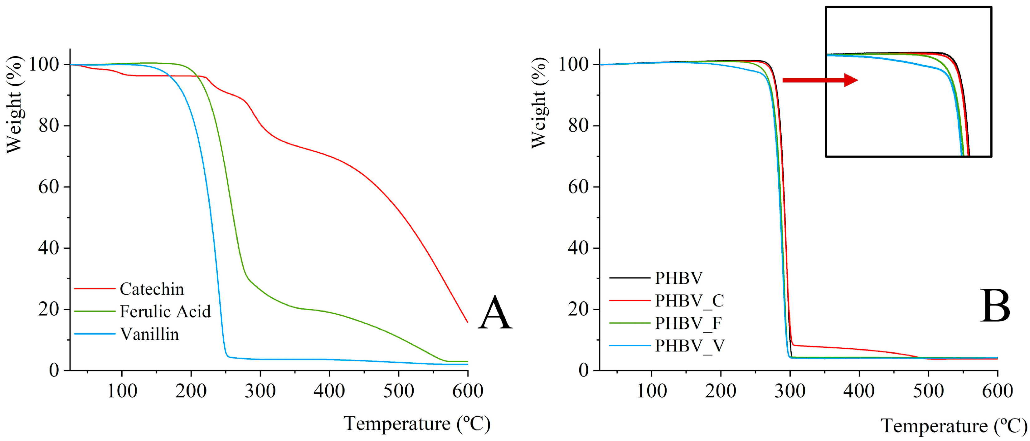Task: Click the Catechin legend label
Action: click(x=152, y=289)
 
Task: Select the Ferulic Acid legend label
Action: click(x=165, y=311)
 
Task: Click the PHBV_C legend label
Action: click(x=689, y=301)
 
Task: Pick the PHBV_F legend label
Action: click(x=688, y=323)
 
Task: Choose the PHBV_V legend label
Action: click(x=690, y=346)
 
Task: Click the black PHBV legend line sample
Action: click(x=630, y=278)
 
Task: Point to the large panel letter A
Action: click(x=495, y=313)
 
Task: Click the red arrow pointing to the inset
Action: click(x=820, y=80)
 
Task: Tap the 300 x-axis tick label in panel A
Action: click(x=260, y=390)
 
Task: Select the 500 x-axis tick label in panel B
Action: click(x=928, y=390)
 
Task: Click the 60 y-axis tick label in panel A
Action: click(x=49, y=187)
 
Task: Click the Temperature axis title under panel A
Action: click(x=417, y=424)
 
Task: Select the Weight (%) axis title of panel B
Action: click(x=539, y=103)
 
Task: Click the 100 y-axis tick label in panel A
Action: click(x=44, y=64)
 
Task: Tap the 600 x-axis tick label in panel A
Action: click(x=467, y=390)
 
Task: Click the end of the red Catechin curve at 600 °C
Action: click(x=467, y=321)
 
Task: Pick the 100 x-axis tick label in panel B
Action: click(x=651, y=390)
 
